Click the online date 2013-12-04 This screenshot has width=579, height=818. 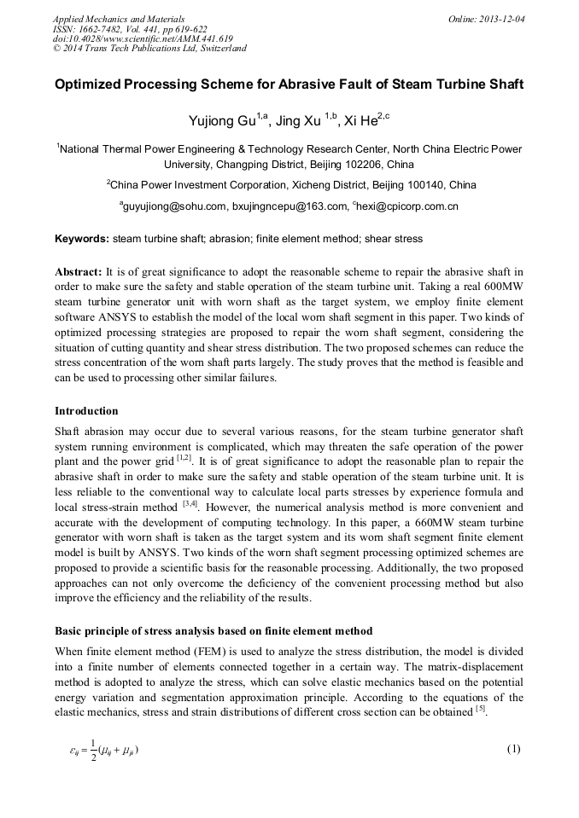coord(501,18)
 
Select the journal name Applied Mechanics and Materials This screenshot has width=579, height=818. coord(112,18)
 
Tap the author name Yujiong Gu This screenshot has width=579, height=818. coord(220,122)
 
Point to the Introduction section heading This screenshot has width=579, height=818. coord(86,411)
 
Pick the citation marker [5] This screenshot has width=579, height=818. coord(480,711)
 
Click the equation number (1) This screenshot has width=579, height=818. coord(513,750)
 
